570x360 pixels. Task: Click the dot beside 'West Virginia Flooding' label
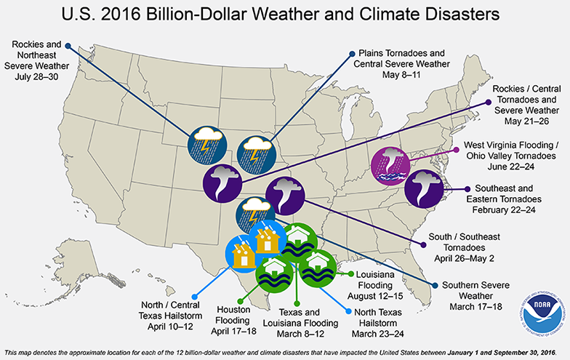[456, 151]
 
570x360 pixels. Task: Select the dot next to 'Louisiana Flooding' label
[350, 275]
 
